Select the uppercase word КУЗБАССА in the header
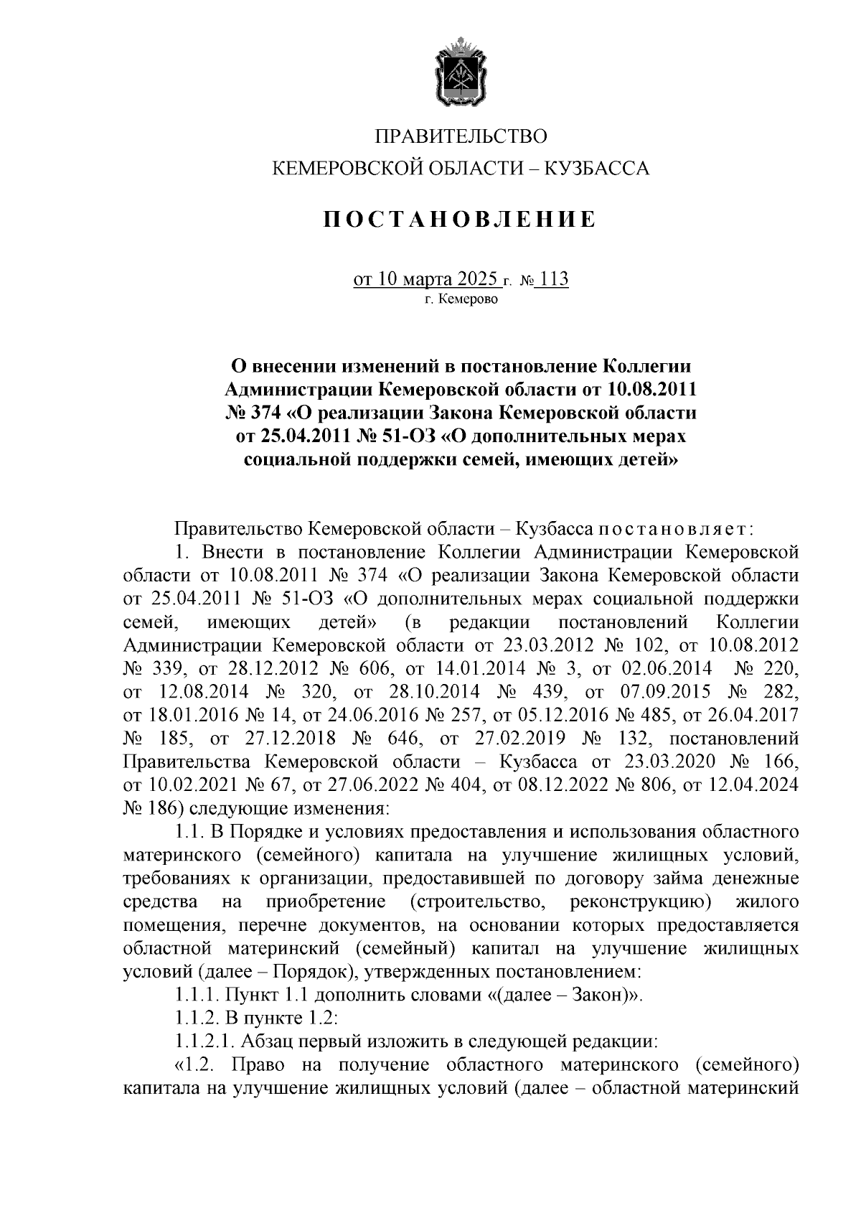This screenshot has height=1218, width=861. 597,169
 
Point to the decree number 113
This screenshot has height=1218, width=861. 551,279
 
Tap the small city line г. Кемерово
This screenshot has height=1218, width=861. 460,299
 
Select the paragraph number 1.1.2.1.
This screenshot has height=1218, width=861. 204,1041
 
